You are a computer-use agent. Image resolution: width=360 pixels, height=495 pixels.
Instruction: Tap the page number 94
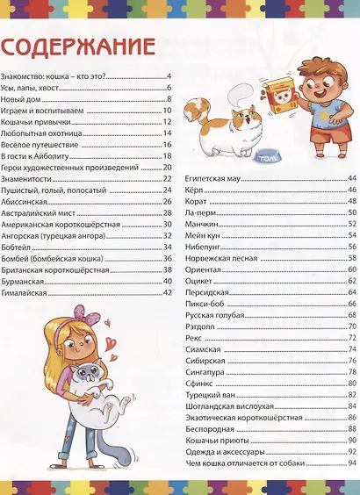pyautogui.click(x=351, y=463)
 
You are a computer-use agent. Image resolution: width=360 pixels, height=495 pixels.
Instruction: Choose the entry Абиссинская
pyautogui.click(x=26, y=202)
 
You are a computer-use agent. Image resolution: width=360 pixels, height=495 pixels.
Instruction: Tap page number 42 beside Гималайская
pyautogui.click(x=167, y=292)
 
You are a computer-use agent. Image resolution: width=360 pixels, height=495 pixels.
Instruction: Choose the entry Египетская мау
pyautogui.click(x=210, y=178)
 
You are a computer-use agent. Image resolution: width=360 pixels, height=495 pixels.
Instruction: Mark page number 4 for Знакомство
pyautogui.click(x=168, y=76)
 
